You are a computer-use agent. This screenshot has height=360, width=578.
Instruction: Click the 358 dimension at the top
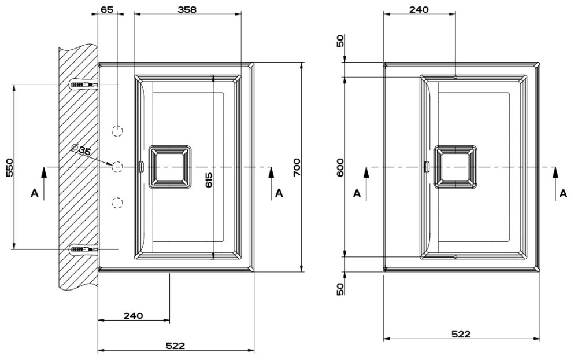tap(187, 9)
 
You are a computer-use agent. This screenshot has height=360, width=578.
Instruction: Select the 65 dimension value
tap(107, 9)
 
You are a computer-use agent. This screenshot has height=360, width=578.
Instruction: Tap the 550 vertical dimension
tap(10, 167)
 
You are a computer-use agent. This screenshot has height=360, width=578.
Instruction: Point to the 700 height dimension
tap(297, 167)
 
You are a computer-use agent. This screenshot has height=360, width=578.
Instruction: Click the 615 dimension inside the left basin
tap(209, 180)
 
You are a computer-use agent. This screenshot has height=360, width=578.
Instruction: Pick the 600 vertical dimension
tap(340, 167)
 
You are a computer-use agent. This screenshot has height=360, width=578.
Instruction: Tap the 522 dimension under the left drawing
tap(175, 346)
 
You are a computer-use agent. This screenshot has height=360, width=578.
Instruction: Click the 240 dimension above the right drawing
tap(419, 9)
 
